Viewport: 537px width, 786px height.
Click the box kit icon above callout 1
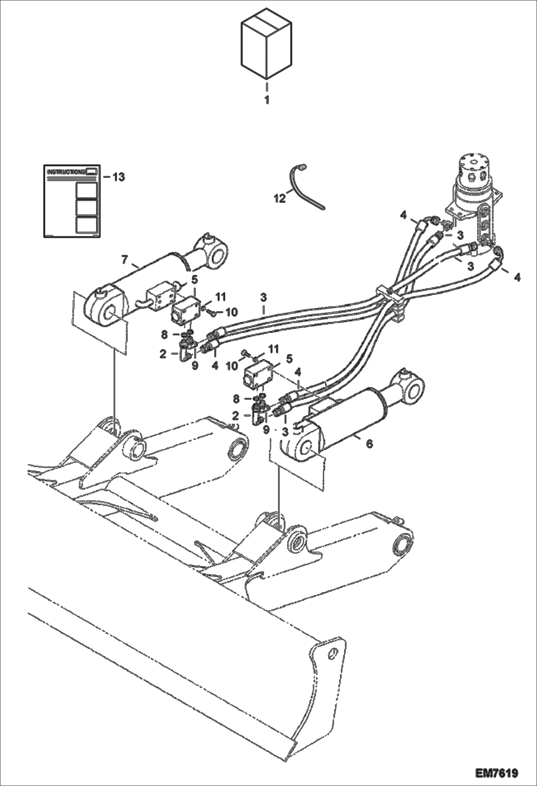click(266, 47)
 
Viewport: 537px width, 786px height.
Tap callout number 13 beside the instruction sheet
click(119, 177)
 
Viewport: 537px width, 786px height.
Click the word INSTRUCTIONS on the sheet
click(67, 172)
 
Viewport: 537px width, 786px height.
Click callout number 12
click(280, 198)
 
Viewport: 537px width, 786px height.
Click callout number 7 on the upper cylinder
click(124, 259)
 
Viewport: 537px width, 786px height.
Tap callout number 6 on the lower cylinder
click(369, 444)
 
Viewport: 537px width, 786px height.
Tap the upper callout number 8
click(164, 335)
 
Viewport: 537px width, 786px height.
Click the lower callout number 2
click(236, 416)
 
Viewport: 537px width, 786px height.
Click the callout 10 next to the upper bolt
click(232, 312)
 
